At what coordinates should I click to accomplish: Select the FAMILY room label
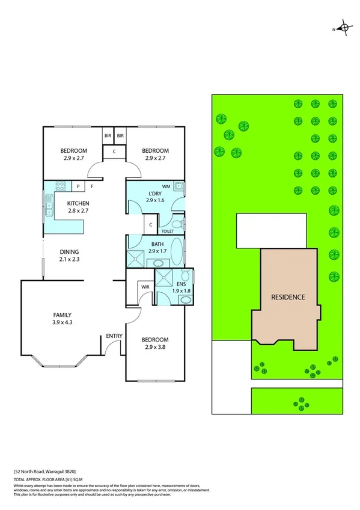pos(63,315)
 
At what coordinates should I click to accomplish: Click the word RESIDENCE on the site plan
pos(288,297)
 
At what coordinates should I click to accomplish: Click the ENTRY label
pos(114,336)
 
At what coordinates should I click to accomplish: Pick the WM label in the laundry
pos(165,186)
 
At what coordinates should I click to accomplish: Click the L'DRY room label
pos(155,193)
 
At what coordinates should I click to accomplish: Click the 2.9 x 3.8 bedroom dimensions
pos(155,347)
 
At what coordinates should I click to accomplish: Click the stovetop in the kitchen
pos(60,186)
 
